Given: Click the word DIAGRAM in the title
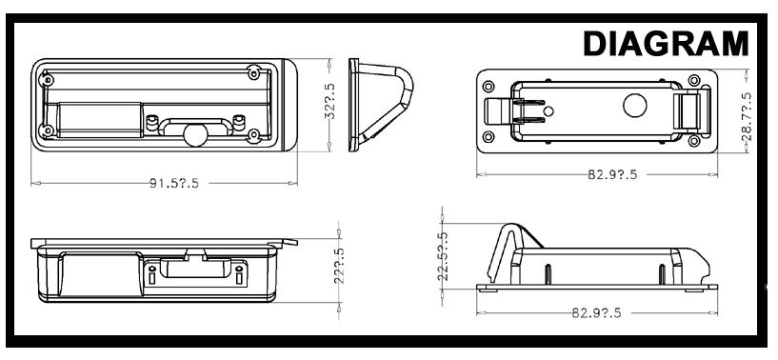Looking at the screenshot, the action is point(666,43).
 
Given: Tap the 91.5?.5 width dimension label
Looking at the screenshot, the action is point(174,183).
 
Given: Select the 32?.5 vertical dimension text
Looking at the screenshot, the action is point(329,101).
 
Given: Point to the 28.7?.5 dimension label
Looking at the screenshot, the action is point(747,116).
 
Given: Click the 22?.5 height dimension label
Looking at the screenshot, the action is point(339,266).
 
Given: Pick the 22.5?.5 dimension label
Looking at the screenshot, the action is point(443,257).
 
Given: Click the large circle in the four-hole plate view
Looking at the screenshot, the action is point(634,106).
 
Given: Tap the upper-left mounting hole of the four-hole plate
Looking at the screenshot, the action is point(489,87).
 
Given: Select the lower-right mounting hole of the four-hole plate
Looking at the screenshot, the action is point(694,141).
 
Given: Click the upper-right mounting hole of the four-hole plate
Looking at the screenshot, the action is point(694,80).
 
